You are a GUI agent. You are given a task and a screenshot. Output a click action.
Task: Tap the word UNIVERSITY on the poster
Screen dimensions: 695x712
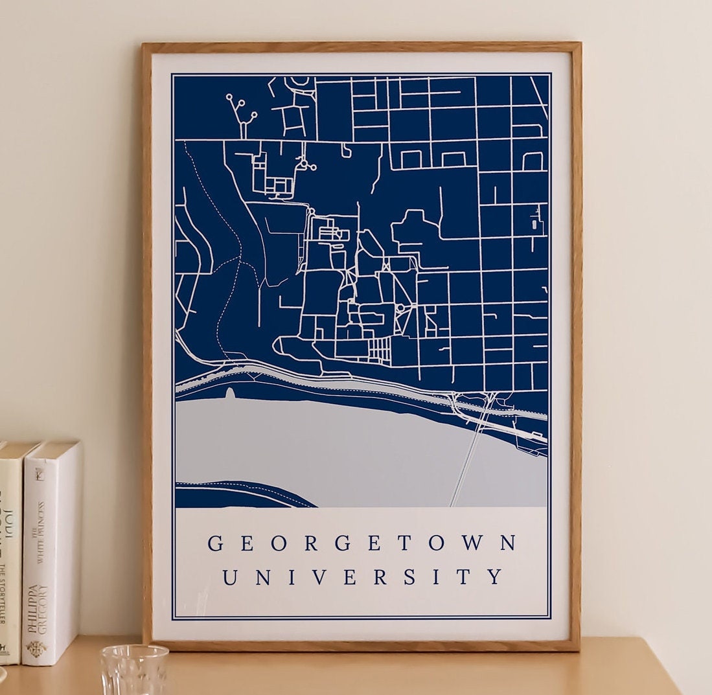363,576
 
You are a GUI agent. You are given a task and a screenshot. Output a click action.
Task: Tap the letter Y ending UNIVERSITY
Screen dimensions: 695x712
495,576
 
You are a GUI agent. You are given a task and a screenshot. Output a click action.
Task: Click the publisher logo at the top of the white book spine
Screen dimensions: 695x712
40,475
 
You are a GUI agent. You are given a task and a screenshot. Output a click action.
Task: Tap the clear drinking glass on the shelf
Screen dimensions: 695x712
134,670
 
